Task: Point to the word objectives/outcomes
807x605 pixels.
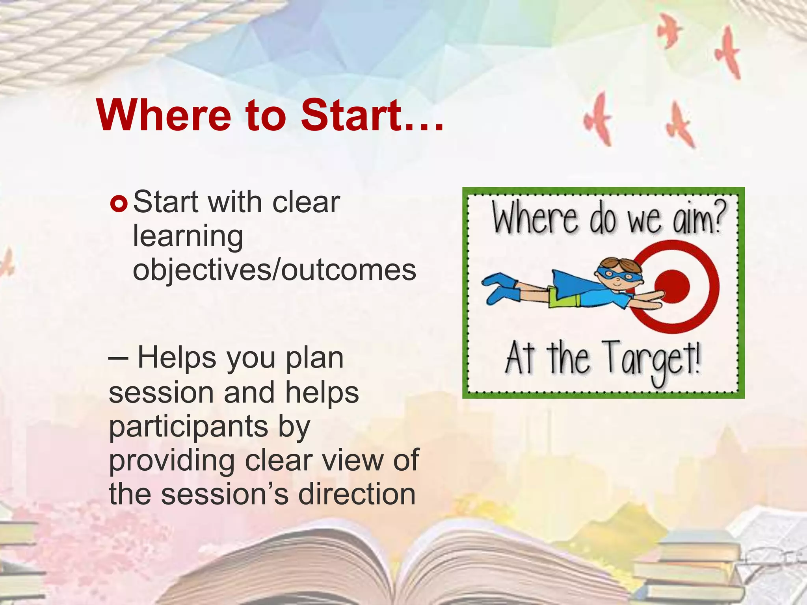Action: point(274,270)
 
